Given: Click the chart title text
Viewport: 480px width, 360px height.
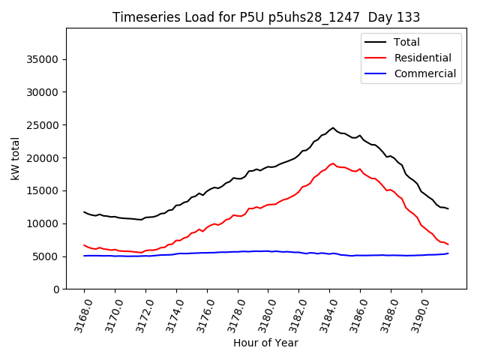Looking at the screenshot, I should pyautogui.click(x=266, y=16).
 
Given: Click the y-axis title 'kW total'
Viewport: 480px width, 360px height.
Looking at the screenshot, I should pyautogui.click(x=15, y=158).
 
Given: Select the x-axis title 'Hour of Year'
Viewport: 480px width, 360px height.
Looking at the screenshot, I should pyautogui.click(x=265, y=343).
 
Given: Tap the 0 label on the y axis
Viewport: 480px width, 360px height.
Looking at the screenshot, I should pyautogui.click(x=56, y=289).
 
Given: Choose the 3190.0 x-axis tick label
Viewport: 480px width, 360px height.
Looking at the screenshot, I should pyautogui.click(x=416, y=313).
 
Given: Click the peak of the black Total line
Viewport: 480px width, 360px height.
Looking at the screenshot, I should pyautogui.click(x=333, y=127).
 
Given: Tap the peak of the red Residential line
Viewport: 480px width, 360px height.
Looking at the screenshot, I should pyautogui.click(x=333, y=163).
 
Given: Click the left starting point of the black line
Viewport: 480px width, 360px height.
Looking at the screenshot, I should pyautogui.click(x=84, y=211).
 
